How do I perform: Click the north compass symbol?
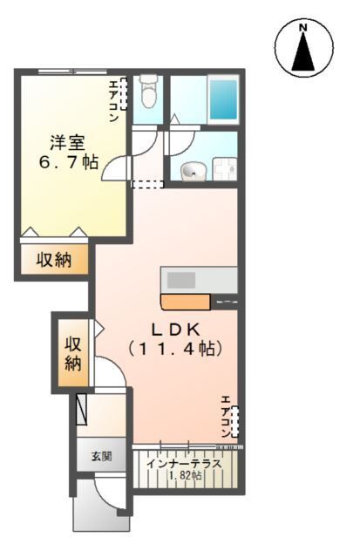pos(304,49)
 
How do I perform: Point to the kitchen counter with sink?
pos(199,280)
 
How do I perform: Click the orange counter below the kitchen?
pos(185,303)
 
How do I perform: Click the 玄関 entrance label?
pos(101,457)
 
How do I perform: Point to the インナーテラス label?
pos(183,463)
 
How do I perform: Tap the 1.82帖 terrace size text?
pos(185,477)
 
